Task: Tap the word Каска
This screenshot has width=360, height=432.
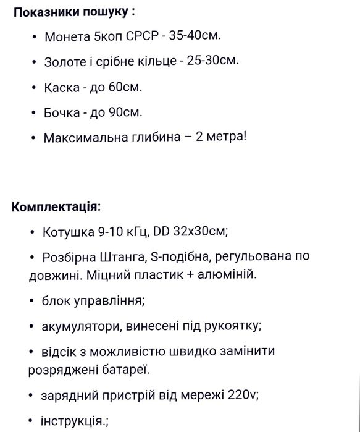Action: (61, 87)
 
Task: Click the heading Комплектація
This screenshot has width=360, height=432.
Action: (56, 206)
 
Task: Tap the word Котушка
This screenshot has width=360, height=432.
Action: (68, 232)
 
